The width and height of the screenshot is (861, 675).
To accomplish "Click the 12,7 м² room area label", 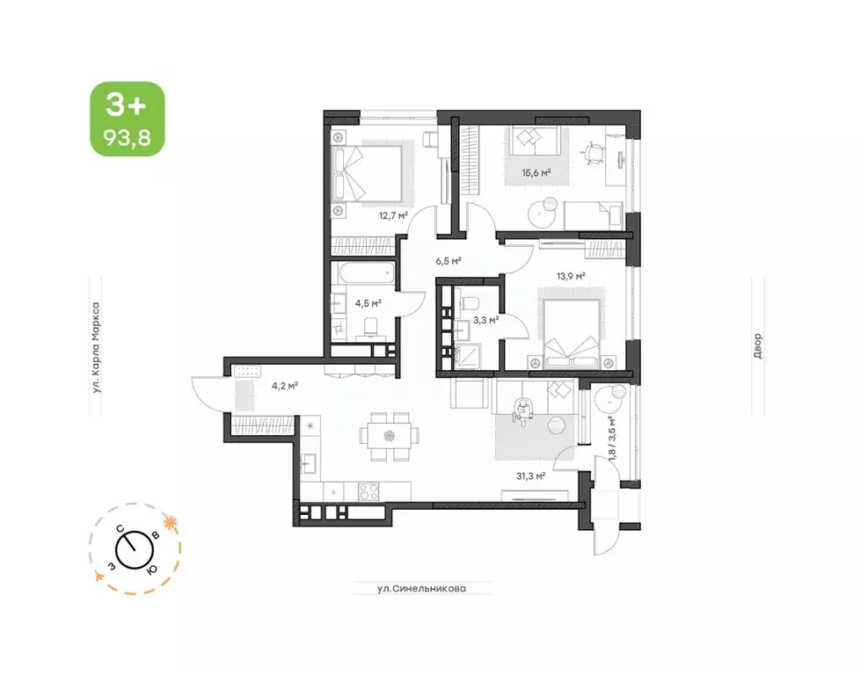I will (393, 214).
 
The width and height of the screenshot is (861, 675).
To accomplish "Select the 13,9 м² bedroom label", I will (571, 276).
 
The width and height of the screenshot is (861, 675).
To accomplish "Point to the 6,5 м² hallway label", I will (449, 261).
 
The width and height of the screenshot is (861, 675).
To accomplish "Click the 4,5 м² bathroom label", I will (368, 303).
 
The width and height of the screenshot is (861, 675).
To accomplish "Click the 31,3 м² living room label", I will (531, 475).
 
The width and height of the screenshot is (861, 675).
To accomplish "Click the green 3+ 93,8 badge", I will (126, 119).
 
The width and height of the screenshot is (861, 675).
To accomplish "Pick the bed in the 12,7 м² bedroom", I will (367, 172).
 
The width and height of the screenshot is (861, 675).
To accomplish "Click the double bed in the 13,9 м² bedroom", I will (571, 334).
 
